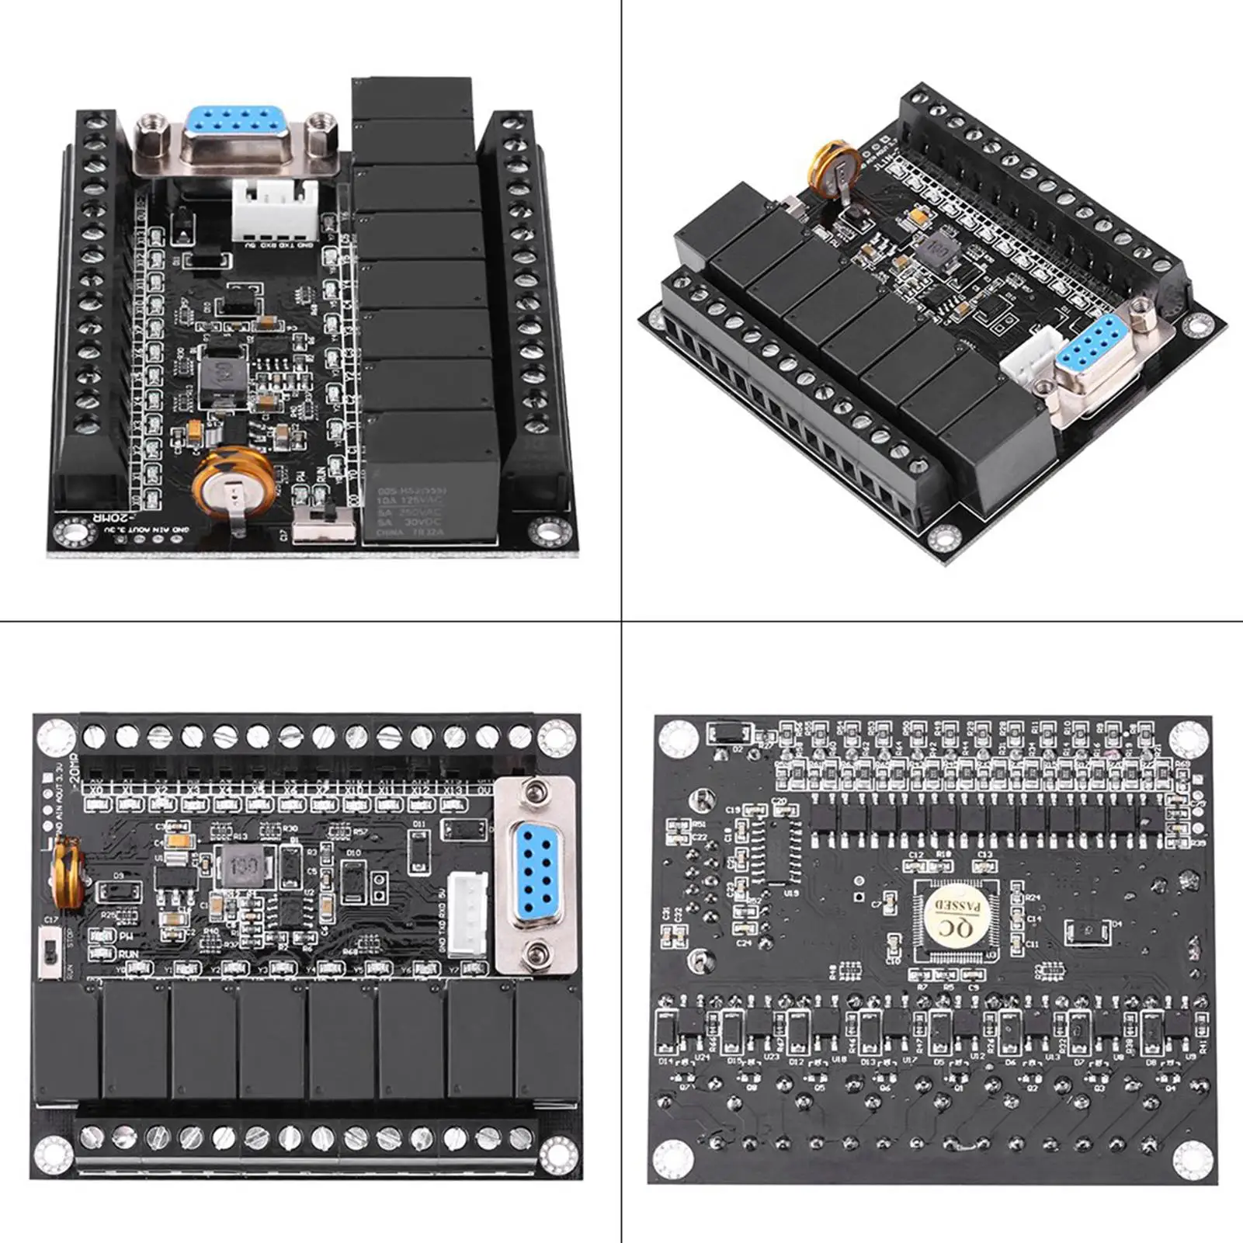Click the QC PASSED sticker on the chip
(953, 918)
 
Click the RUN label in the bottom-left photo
(128, 954)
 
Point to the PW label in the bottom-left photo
(126, 937)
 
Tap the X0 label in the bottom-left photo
(96, 790)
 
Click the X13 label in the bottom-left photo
(453, 790)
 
